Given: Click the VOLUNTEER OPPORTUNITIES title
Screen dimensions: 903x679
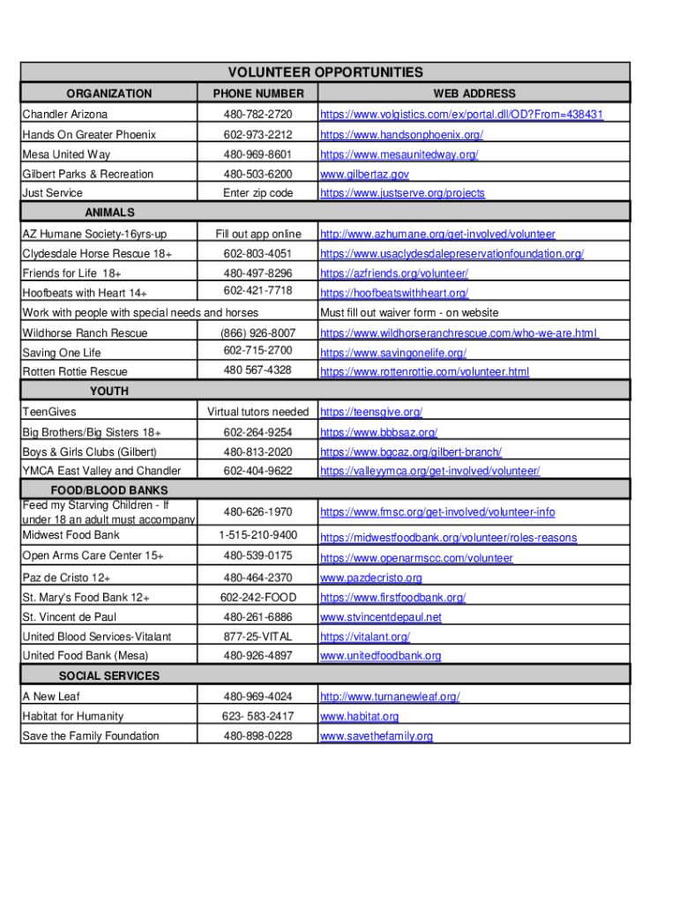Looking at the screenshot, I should point(325,72).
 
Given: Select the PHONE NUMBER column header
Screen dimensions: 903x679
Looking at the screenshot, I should point(257,93).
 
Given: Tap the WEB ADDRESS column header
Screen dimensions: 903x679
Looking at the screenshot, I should point(474,93).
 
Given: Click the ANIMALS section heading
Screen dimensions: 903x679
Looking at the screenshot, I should point(109,213).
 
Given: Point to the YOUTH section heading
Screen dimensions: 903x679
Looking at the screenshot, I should point(109,391).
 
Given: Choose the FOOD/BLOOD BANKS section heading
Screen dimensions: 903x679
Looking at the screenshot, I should point(109,490).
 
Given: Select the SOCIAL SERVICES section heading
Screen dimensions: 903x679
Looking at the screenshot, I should point(109,676).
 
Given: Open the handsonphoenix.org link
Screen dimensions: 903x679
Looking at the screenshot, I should point(401,135).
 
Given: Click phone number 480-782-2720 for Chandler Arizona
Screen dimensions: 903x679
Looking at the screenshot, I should point(257,115).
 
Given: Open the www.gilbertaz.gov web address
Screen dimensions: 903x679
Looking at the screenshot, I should point(364,175).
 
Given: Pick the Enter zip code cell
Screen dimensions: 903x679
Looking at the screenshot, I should point(257,193).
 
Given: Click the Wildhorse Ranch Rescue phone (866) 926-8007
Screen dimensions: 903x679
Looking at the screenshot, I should point(257,333).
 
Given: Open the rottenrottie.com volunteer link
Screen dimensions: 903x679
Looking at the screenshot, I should point(424,372).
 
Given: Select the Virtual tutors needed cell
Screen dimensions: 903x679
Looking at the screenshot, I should point(257,412).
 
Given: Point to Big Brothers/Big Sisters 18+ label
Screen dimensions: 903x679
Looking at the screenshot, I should point(92,432).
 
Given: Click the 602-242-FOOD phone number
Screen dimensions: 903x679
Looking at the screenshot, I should point(257,598).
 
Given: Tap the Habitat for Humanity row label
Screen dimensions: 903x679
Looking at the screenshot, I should point(72,716).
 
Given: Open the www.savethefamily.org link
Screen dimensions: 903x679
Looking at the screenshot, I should point(377,736).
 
